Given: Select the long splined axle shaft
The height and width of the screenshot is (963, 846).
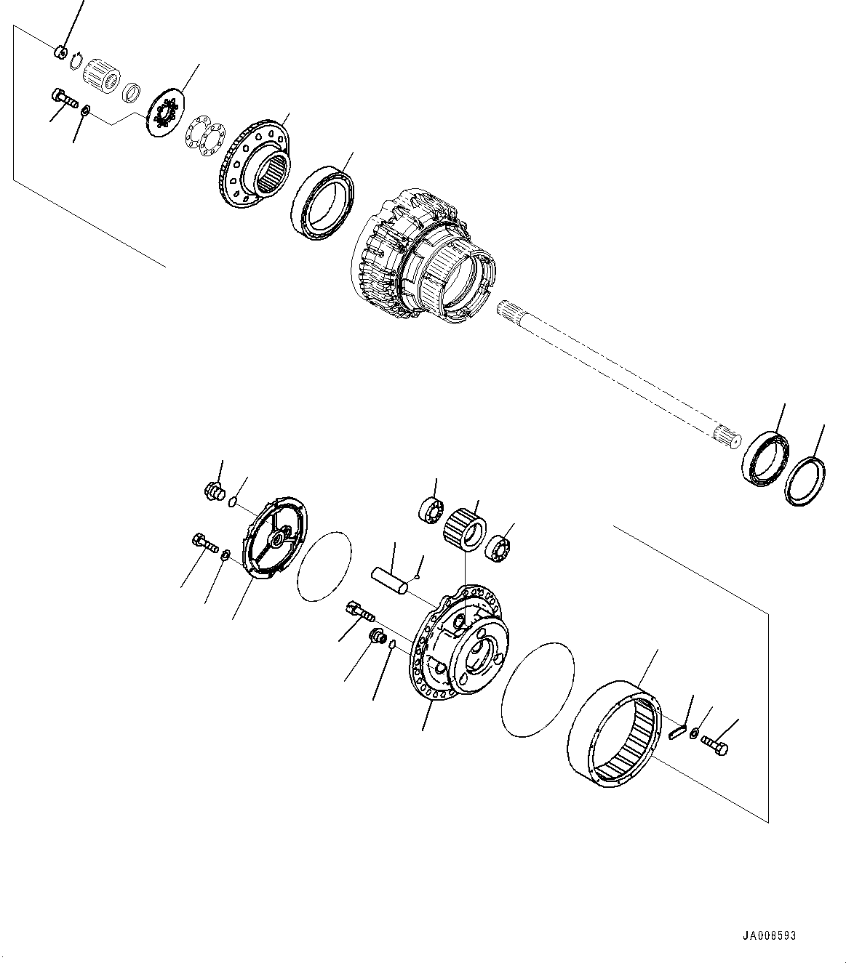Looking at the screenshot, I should click(x=618, y=375).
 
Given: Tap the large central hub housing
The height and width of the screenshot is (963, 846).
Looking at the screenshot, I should click(x=422, y=254).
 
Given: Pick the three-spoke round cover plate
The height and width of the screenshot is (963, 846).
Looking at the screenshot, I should click(x=278, y=538).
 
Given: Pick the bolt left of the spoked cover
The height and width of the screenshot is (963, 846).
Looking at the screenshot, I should click(x=204, y=544).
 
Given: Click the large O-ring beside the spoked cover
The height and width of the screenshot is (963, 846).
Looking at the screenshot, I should click(x=324, y=566).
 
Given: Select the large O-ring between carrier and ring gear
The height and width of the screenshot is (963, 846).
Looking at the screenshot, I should click(x=538, y=687).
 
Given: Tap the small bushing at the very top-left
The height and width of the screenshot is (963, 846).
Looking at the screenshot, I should click(x=61, y=52).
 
